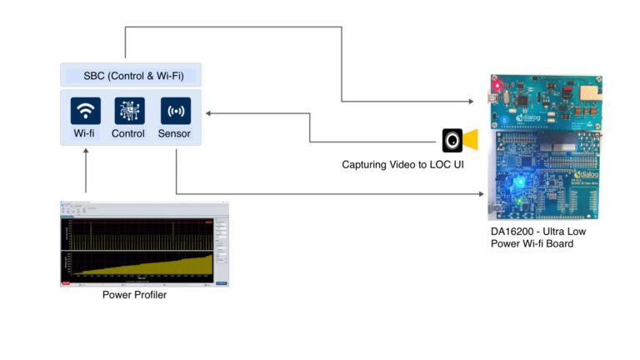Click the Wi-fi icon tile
click(85, 111)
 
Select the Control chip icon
click(129, 111)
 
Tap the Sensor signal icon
click(175, 111)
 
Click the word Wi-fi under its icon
click(85, 133)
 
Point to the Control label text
click(128, 133)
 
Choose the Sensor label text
click(174, 133)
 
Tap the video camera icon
click(459, 139)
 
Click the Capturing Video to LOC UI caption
click(402, 165)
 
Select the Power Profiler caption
click(134, 295)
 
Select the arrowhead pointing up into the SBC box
click(86, 152)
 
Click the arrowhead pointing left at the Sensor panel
click(209, 112)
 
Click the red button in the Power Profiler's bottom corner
click(66, 283)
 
